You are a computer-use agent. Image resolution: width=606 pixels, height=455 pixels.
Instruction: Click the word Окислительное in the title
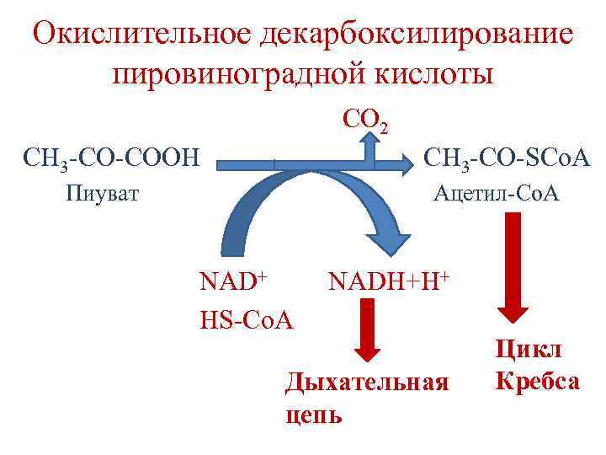point(140,34)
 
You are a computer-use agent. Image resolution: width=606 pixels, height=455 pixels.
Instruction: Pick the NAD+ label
point(232,281)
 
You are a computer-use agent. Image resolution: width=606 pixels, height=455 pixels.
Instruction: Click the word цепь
point(314,415)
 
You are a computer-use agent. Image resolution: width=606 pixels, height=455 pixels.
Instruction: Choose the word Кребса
point(537,381)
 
